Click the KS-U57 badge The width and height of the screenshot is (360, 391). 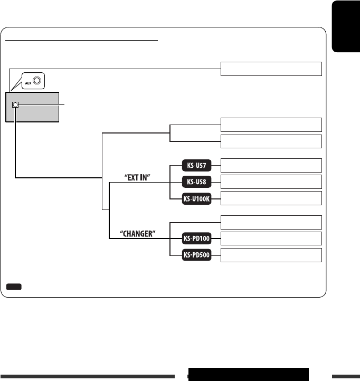197,166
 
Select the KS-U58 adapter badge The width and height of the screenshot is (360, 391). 197,182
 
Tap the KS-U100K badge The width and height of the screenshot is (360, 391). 197,198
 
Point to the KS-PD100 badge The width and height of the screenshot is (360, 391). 197,239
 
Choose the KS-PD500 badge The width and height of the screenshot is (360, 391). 197,255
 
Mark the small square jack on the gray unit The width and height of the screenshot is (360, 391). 15,104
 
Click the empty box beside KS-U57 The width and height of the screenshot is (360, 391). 271,165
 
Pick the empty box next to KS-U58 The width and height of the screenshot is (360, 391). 271,182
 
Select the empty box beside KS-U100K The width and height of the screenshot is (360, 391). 271,198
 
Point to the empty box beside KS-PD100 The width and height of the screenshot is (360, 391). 271,239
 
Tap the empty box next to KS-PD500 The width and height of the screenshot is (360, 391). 271,255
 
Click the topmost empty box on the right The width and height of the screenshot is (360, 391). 271,69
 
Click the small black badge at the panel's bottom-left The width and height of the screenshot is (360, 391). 14,286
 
